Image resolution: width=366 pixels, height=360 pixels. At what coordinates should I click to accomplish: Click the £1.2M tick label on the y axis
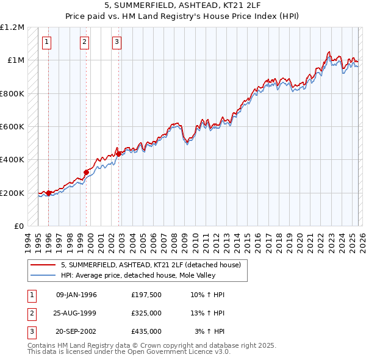(x=12, y=27)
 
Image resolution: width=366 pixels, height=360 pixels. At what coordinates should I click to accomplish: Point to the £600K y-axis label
(x=12, y=127)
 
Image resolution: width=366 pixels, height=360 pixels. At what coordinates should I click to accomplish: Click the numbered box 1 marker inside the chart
(x=48, y=42)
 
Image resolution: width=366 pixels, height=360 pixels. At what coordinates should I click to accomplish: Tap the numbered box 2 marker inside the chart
(x=85, y=42)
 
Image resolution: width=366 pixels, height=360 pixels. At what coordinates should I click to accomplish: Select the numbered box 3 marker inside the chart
(x=117, y=42)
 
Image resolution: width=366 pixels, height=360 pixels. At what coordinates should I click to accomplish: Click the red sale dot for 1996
(x=49, y=193)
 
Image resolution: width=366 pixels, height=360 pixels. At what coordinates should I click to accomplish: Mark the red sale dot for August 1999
(x=86, y=172)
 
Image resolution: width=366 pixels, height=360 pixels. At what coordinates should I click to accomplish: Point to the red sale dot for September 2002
(x=118, y=154)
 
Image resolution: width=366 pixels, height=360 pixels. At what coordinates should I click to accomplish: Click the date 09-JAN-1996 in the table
(x=76, y=295)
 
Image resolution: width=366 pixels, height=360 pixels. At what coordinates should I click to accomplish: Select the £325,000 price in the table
(x=146, y=313)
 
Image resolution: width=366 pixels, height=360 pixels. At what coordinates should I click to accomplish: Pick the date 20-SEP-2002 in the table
(x=76, y=331)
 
